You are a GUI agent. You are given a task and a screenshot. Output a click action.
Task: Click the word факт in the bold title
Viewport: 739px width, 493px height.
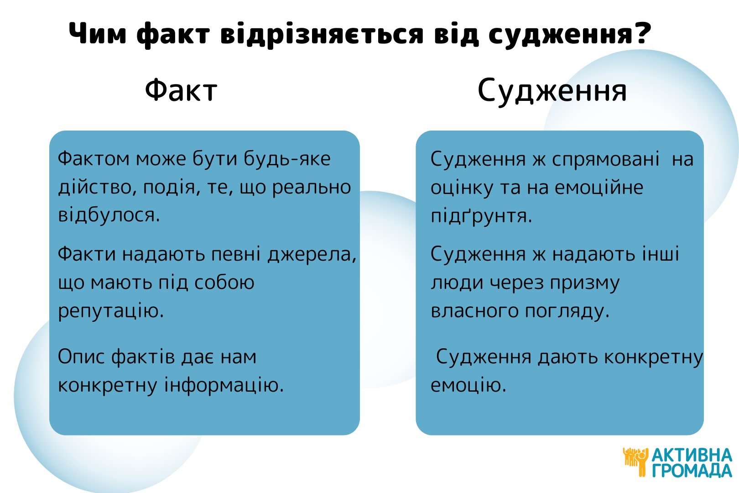coord(173,35)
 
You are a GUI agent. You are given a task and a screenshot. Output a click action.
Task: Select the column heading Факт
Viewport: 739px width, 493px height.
coord(181,90)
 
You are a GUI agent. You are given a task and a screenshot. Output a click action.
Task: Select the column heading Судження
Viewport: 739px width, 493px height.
coord(552,91)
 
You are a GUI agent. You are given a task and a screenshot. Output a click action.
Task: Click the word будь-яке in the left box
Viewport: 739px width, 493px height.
coord(287,159)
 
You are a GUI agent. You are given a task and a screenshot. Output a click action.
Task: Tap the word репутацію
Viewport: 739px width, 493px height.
coord(111,311)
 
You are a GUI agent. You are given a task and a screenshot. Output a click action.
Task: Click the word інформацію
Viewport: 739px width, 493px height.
coord(224,386)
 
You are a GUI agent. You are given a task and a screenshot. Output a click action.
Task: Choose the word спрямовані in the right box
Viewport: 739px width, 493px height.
coord(606,160)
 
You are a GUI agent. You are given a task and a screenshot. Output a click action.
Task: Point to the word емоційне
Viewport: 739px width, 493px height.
coord(599,188)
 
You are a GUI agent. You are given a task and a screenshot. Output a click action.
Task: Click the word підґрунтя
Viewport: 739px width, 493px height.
coord(481,216)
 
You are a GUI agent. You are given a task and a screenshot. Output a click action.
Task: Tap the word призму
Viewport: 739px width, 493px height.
coord(585,283)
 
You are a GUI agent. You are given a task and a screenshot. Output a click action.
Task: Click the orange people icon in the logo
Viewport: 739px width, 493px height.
coord(635,462)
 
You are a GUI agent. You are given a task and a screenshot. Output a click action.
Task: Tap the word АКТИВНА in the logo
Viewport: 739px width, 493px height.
coord(692,456)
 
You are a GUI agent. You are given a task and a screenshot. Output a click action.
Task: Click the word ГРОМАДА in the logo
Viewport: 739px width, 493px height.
coord(692,471)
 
